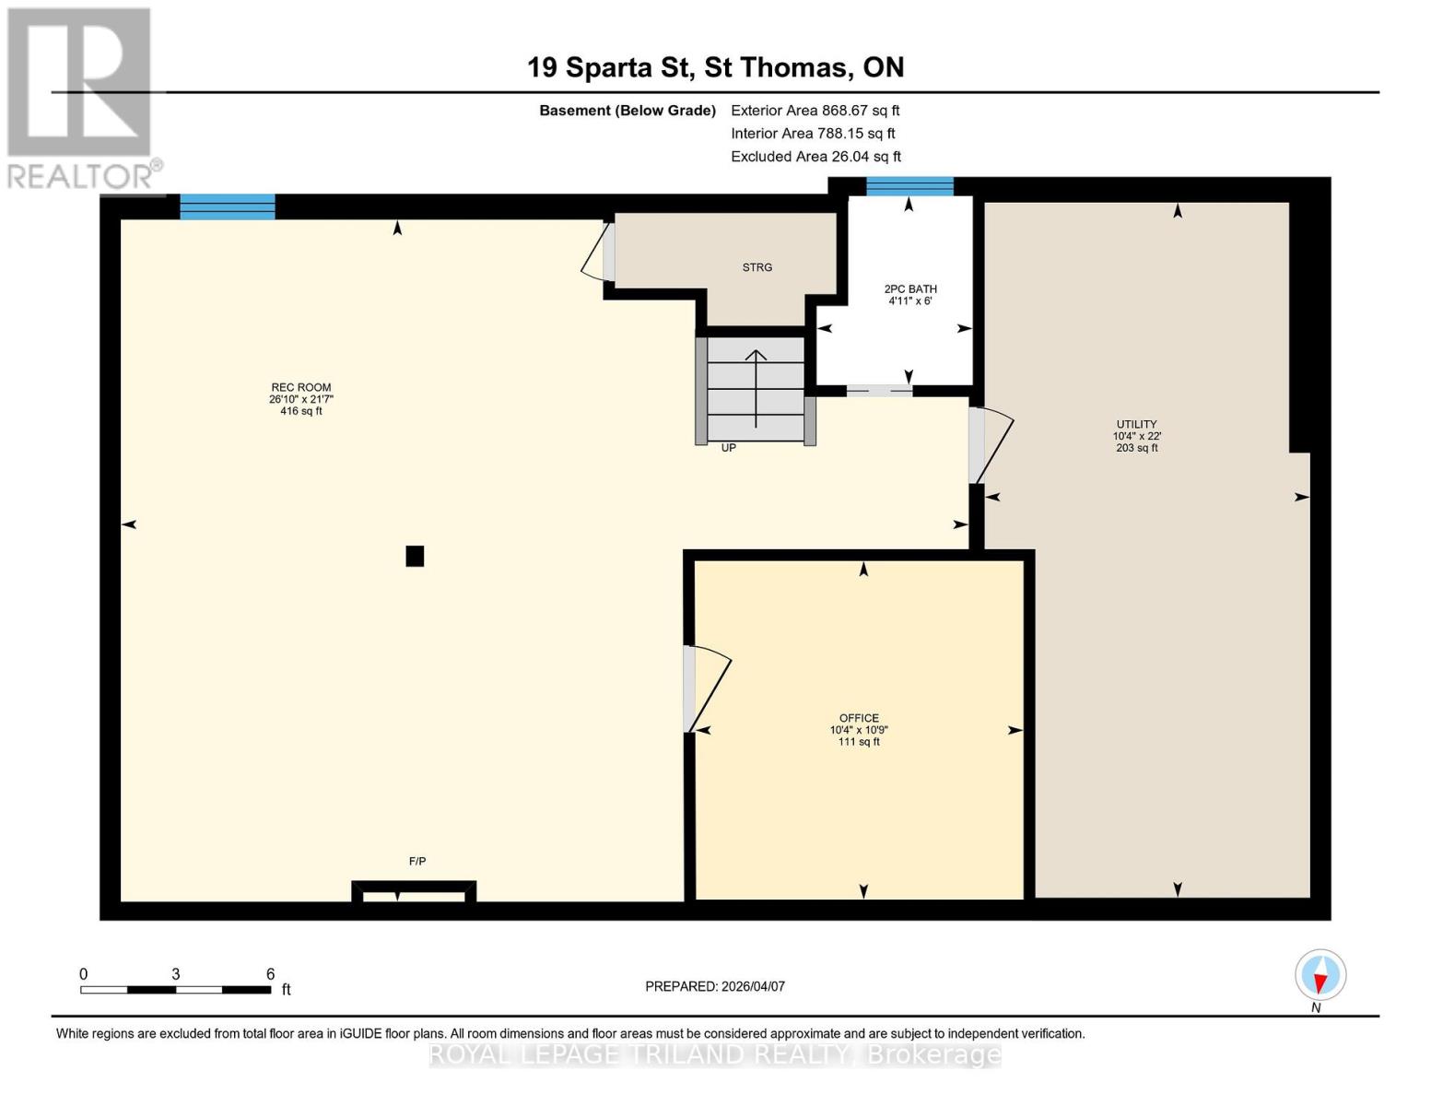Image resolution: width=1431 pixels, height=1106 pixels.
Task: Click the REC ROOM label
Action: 300,388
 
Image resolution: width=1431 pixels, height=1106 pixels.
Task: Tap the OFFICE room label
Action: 859,718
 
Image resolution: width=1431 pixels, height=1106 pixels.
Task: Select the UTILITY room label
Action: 1136,425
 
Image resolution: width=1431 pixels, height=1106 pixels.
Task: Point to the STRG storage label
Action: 757,267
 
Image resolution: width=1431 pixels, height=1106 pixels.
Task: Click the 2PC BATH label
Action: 910,289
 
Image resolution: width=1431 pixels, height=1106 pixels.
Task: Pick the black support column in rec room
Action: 415,556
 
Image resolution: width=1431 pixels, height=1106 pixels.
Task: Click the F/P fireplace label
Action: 417,862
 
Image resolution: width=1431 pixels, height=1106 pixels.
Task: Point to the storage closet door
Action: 598,250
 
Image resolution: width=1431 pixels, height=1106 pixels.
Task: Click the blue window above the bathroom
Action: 909,186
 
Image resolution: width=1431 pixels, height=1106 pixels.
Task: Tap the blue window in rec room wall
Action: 228,206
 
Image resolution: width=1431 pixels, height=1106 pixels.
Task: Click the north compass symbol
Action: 1320,976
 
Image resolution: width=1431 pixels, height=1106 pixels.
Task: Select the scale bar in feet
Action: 175,990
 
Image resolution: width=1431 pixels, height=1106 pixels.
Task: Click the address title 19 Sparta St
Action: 715,67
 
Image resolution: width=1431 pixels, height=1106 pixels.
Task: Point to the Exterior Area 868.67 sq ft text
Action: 815,111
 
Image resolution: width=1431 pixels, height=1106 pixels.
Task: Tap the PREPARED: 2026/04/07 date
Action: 715,986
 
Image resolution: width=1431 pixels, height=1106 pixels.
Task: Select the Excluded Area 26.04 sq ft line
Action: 815,157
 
